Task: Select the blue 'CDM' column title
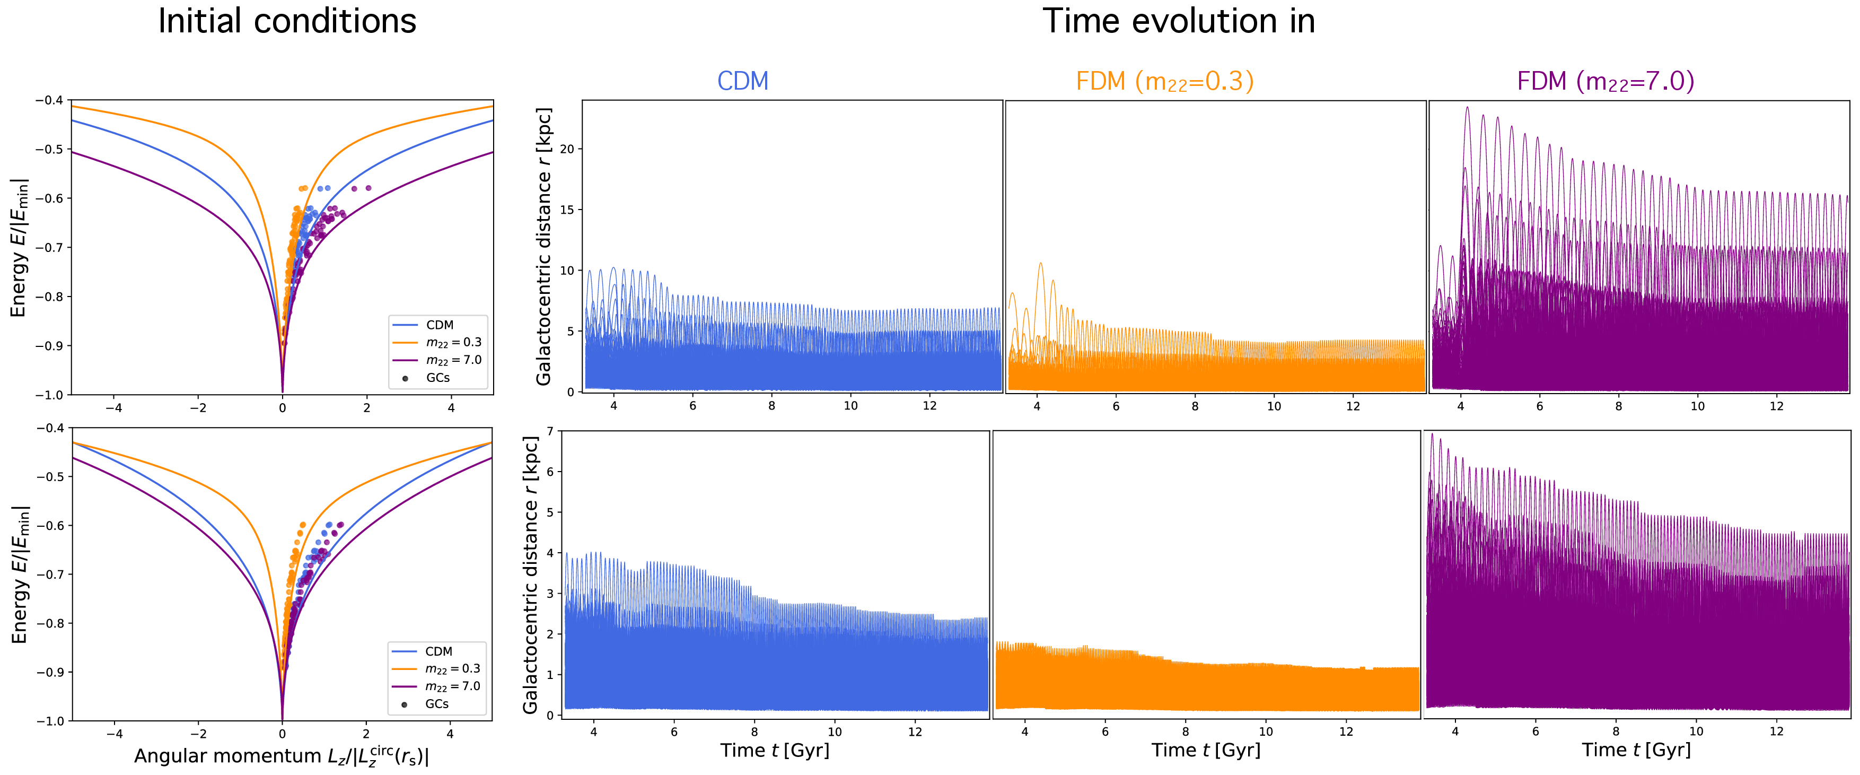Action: click(742, 81)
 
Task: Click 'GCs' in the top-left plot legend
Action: click(437, 378)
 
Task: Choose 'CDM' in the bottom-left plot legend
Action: click(438, 651)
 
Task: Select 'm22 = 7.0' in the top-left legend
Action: click(453, 360)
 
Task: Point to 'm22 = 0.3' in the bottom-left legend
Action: click(452, 669)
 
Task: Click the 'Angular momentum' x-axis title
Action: click(282, 756)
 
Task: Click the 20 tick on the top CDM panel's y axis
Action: click(567, 149)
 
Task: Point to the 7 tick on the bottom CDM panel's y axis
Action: click(550, 431)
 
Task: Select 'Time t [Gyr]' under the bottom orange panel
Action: click(1205, 751)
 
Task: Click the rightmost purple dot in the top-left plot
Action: click(369, 188)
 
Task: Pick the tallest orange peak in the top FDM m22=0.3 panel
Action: click(1040, 264)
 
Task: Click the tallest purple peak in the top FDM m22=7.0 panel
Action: click(1467, 108)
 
